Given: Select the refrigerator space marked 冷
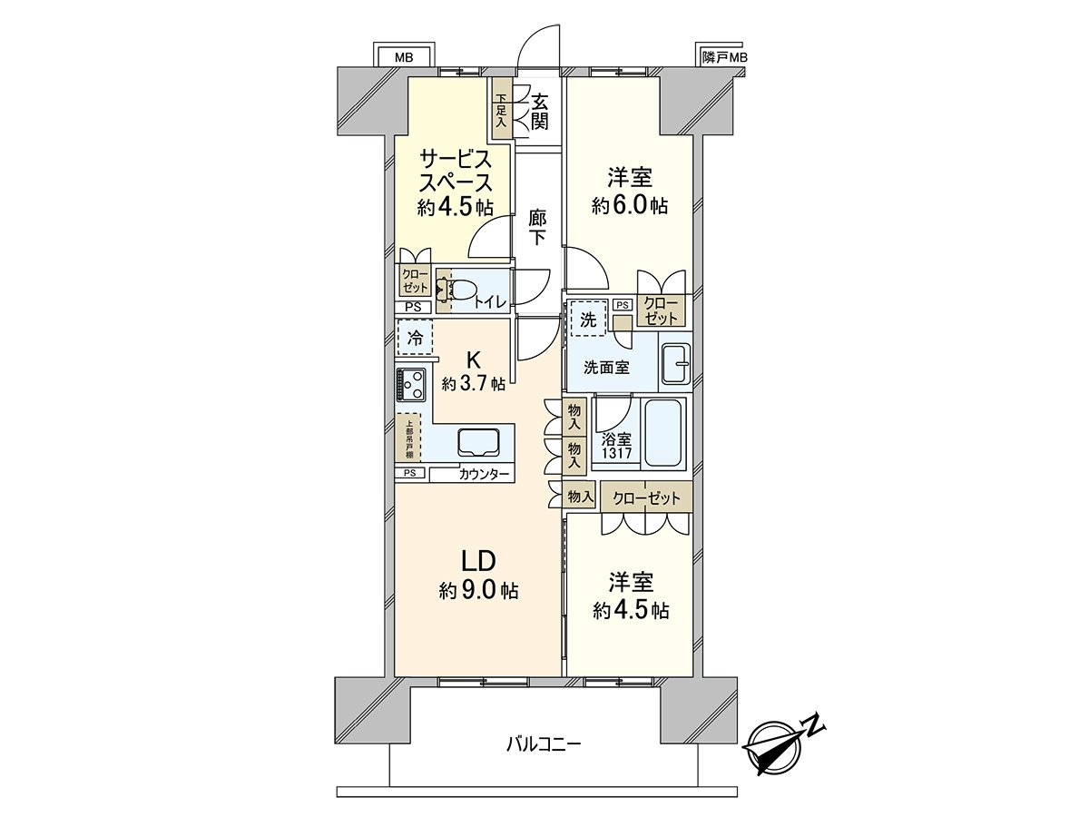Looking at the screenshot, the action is pyautogui.click(x=416, y=337).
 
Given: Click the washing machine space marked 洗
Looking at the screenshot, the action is pyautogui.click(x=588, y=319).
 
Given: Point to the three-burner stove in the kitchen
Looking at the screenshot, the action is pyautogui.click(x=411, y=384).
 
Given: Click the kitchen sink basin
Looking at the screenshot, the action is pyautogui.click(x=479, y=441).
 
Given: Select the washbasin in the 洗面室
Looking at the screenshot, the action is pyautogui.click(x=675, y=364).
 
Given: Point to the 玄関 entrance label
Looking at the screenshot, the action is pyautogui.click(x=539, y=113).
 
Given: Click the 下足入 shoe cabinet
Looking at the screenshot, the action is pyautogui.click(x=502, y=109).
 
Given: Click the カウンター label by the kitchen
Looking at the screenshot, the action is pyautogui.click(x=484, y=475).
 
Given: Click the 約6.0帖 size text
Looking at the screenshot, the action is pyautogui.click(x=629, y=205).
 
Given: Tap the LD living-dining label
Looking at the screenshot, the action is pyautogui.click(x=479, y=561).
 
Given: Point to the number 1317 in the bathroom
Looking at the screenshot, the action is pyautogui.click(x=617, y=453).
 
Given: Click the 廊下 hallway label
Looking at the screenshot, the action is pyautogui.click(x=537, y=227).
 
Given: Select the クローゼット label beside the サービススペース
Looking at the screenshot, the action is pyautogui.click(x=416, y=281).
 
